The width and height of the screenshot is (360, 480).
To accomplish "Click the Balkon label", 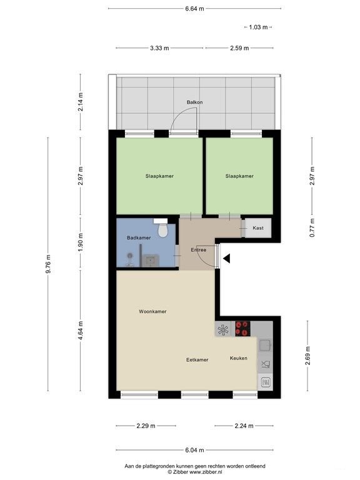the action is pyautogui.click(x=195, y=102).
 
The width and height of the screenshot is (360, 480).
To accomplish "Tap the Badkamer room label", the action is pyautogui.click(x=139, y=237).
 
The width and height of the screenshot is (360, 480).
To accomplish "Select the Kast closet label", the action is pyautogui.click(x=258, y=227).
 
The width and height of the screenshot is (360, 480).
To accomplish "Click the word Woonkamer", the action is pyautogui.click(x=152, y=311).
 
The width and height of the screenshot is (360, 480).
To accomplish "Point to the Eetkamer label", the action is pyautogui.click(x=197, y=360).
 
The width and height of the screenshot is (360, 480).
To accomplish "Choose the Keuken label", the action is pyautogui.click(x=239, y=358).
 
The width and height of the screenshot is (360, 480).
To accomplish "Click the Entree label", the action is pyautogui.click(x=198, y=250).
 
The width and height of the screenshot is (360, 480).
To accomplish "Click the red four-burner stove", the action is pyautogui.click(x=242, y=329).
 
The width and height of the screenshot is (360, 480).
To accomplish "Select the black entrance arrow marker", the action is pyautogui.click(x=227, y=259).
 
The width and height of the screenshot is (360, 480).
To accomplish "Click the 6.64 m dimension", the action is pyautogui.click(x=194, y=9).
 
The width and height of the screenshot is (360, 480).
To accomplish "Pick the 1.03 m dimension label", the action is pyautogui.click(x=258, y=27).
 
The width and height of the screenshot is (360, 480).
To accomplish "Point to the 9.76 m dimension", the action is pyautogui.click(x=48, y=264).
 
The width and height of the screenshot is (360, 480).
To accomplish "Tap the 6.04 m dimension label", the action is pyautogui.click(x=194, y=450).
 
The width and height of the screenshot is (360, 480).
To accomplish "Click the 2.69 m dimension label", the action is pyautogui.click(x=307, y=356).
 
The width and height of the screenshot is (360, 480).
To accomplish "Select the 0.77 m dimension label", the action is pyautogui.click(x=312, y=227).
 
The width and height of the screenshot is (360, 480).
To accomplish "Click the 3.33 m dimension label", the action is pyautogui.click(x=159, y=48).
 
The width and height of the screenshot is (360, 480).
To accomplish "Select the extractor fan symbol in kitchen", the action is pyautogui.click(x=223, y=329).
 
